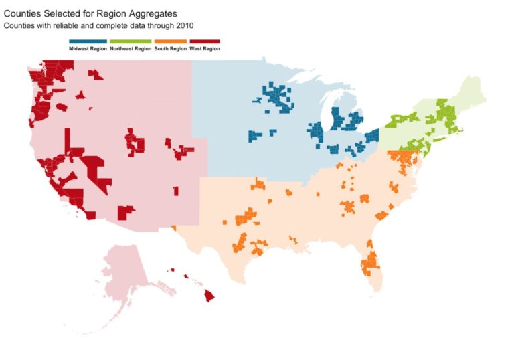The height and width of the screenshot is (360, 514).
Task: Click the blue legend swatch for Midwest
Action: point(88,41)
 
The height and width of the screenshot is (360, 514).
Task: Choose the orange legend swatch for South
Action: point(170,41)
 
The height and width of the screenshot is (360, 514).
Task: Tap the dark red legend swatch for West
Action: point(204,41)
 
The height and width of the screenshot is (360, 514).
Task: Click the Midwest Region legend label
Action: point(88,49)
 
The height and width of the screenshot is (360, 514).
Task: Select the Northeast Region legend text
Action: point(131,49)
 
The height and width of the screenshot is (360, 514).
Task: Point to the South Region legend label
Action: point(170,49)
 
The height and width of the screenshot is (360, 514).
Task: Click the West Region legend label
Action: point(204,49)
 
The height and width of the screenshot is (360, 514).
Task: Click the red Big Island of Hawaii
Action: point(209,295)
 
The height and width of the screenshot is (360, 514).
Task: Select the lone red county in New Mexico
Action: point(176,191)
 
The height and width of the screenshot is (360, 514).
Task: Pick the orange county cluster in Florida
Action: point(369,264)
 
